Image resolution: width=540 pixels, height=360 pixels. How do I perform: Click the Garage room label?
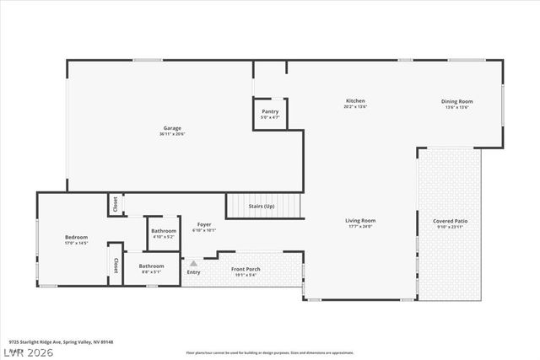click(x=172, y=128)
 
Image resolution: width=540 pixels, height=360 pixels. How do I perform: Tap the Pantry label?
click(x=270, y=111)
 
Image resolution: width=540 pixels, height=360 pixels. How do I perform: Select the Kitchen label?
click(x=354, y=101)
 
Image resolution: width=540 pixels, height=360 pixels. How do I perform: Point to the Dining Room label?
click(x=456, y=101)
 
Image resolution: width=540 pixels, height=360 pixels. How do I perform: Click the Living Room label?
click(x=360, y=221)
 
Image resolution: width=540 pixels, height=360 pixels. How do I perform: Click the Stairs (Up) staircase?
click(x=262, y=206)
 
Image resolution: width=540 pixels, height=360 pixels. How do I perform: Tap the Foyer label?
click(x=202, y=225)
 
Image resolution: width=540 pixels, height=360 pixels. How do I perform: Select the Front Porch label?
click(x=246, y=269)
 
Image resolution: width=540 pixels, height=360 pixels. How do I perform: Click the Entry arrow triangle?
click(x=193, y=264)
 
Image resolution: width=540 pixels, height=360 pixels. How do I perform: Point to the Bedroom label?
click(x=76, y=237)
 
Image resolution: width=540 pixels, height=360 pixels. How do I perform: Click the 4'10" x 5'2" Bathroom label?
click(x=164, y=231)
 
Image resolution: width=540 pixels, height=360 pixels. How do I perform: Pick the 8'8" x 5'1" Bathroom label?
click(x=152, y=267)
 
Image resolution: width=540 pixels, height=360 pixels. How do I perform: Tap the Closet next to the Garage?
click(x=114, y=204)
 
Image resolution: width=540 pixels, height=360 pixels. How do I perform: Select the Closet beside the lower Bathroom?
click(x=115, y=263)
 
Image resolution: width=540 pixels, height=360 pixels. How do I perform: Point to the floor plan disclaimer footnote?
click(x=270, y=351)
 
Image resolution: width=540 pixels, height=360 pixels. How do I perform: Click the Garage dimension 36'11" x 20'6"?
click(x=172, y=134)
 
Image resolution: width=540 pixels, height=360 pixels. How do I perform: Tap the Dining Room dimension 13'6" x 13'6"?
click(x=456, y=107)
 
